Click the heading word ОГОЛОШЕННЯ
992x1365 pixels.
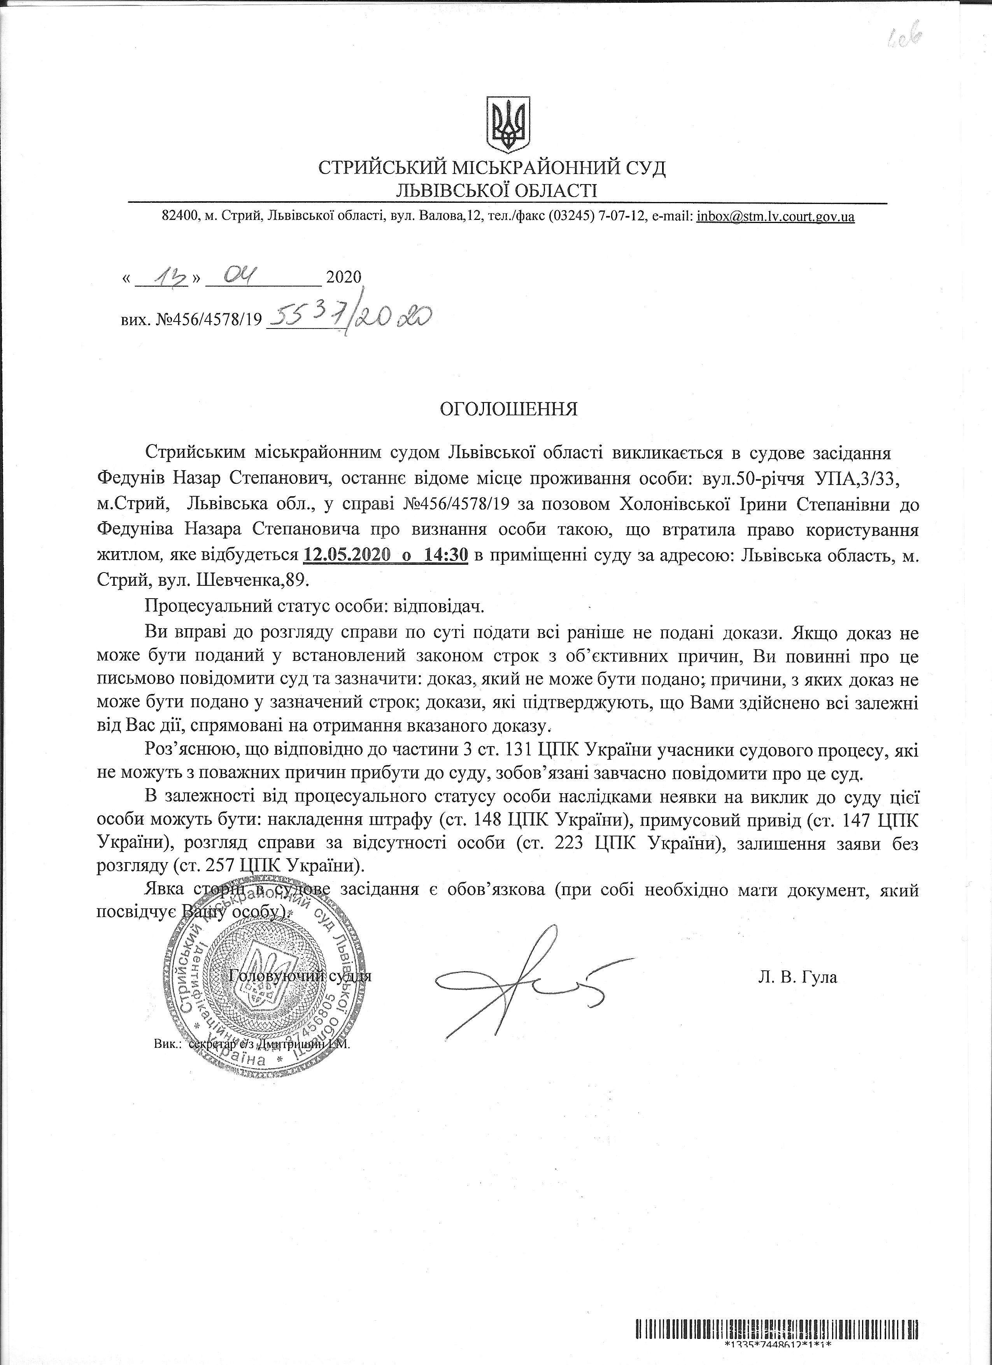coord(509,409)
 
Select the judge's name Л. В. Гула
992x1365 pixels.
coord(797,977)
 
